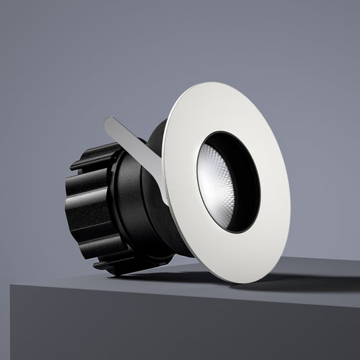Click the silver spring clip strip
pyautogui.click(x=135, y=145)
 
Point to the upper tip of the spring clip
pyautogui.click(x=108, y=122)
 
